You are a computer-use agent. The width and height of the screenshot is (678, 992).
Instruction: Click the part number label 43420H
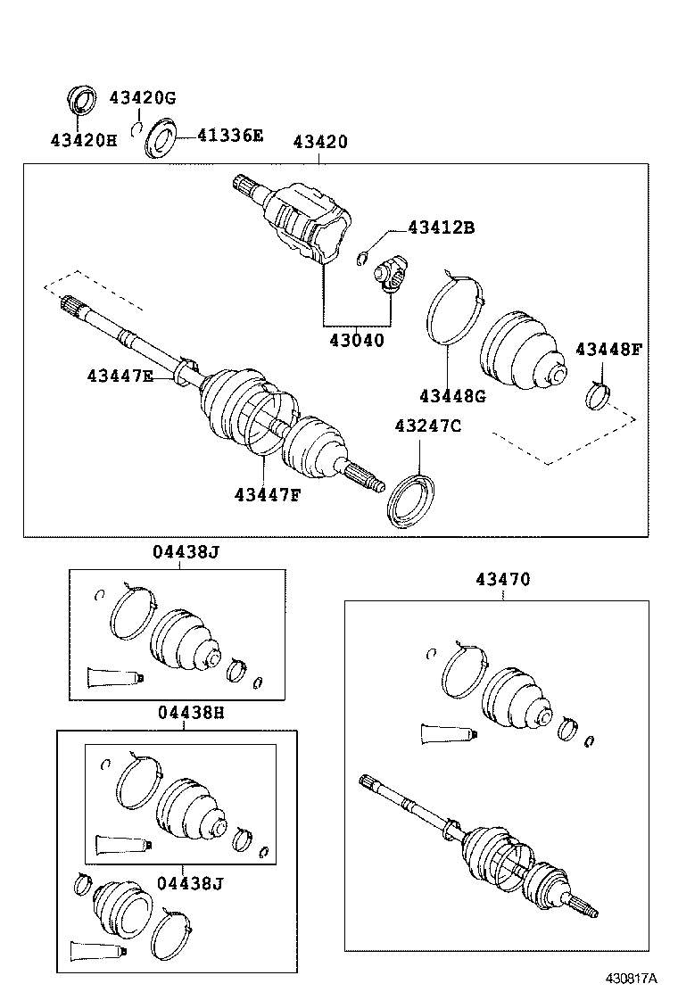coord(83,141)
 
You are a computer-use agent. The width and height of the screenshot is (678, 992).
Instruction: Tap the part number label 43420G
coord(143,96)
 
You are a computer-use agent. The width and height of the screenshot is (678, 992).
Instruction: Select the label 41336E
coord(230,136)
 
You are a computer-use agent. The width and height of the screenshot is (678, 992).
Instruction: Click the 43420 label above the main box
coord(321,142)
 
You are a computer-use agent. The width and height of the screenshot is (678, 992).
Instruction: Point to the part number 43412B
coord(442,227)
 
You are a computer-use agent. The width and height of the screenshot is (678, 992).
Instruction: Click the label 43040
coord(354,340)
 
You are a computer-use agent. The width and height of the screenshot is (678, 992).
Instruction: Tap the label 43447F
coord(268,493)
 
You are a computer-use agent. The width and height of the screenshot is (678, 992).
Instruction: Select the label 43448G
coord(453,395)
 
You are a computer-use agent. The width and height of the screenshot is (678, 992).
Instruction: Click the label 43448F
coord(608,349)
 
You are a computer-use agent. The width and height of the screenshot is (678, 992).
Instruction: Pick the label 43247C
coord(428,426)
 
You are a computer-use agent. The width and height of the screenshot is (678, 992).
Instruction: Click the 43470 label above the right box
coord(502,579)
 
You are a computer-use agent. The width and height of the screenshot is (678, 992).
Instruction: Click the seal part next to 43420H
coord(82,99)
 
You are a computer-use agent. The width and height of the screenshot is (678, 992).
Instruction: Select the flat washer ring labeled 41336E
coord(161,138)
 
